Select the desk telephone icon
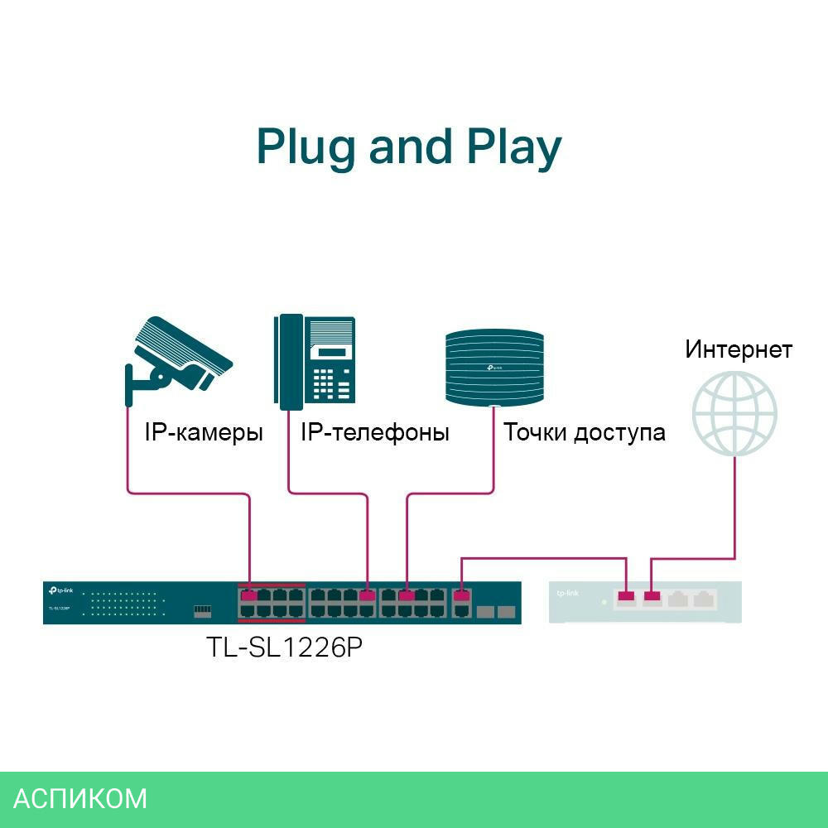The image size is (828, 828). coord(315,363)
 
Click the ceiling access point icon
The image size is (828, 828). coord(493,367)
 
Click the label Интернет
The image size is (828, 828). coord(738,349)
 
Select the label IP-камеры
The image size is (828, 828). coord(204,432)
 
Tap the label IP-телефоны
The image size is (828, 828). coord(374,432)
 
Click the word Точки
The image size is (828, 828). coord(535,432)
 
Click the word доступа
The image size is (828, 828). coord(620,432)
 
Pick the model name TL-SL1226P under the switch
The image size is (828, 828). coord(284,647)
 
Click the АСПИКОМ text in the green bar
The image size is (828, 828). coord(80,798)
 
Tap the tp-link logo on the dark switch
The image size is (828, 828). coord(62,590)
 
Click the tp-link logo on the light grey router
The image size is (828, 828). coord(568,593)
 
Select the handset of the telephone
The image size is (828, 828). coord(290,363)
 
